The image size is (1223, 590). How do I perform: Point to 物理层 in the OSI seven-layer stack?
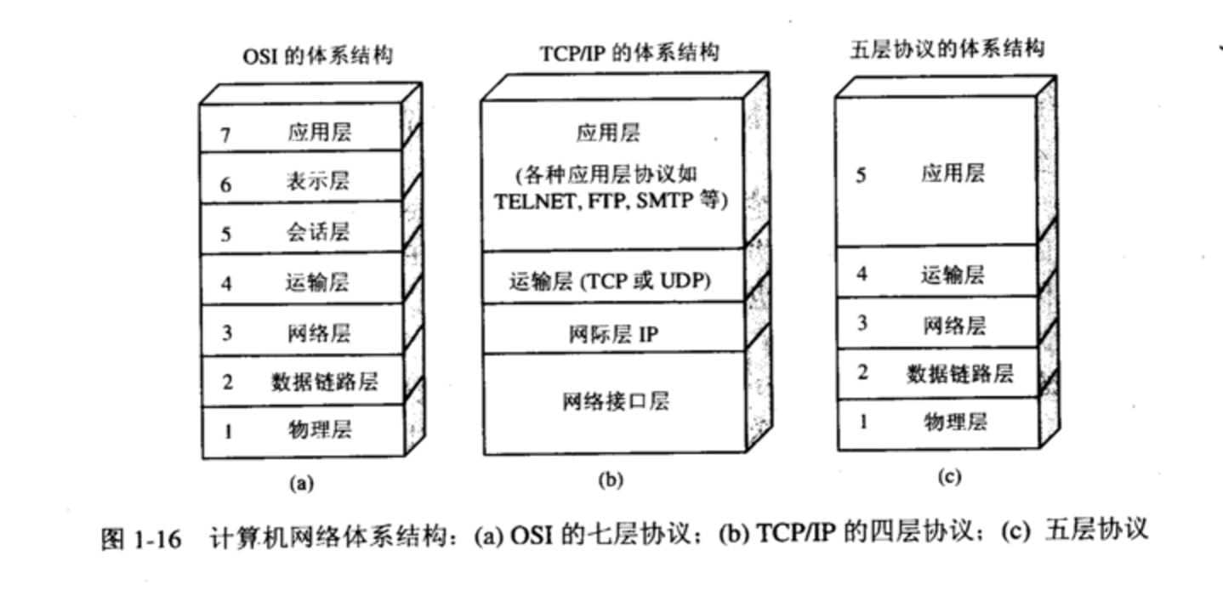[318, 430]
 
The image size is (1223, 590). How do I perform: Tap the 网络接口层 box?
[615, 400]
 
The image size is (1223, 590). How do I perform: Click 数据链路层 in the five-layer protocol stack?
[958, 373]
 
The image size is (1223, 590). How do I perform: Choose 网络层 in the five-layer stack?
[953, 325]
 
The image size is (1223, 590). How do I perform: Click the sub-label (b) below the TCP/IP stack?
[610, 480]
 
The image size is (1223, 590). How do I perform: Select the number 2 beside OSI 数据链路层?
[227, 382]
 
